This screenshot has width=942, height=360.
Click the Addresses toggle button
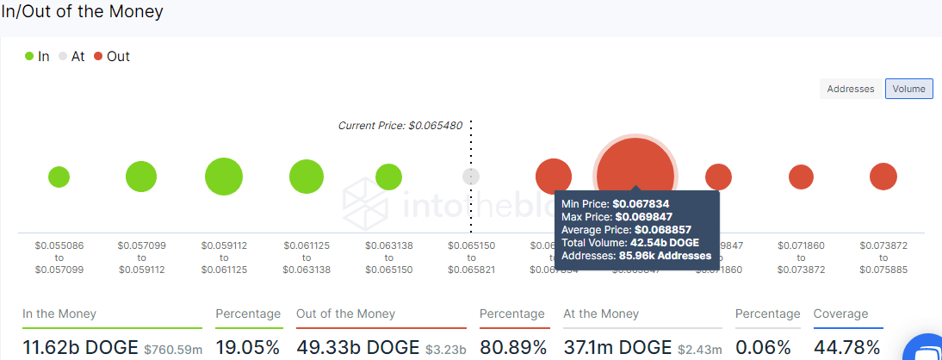(x=850, y=89)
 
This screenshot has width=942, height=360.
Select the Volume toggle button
(x=908, y=89)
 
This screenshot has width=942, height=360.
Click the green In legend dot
(x=29, y=57)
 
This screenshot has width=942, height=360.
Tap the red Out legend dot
(x=98, y=57)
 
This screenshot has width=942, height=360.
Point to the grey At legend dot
(x=63, y=57)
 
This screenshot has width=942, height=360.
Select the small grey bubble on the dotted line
(x=471, y=177)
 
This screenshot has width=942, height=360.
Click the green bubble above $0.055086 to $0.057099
(x=59, y=177)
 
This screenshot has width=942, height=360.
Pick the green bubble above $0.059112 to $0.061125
(x=224, y=177)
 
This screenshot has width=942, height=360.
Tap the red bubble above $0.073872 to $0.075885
(x=883, y=177)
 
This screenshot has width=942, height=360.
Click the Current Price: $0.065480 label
(x=400, y=126)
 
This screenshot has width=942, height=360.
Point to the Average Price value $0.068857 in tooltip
(x=663, y=231)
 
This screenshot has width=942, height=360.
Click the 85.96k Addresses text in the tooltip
(x=665, y=256)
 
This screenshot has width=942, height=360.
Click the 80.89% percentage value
(x=513, y=348)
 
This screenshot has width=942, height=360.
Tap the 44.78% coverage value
(x=846, y=348)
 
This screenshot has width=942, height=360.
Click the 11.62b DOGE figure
(x=80, y=348)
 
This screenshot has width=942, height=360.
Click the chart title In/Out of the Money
(x=82, y=12)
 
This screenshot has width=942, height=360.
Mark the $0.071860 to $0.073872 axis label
(x=801, y=258)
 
